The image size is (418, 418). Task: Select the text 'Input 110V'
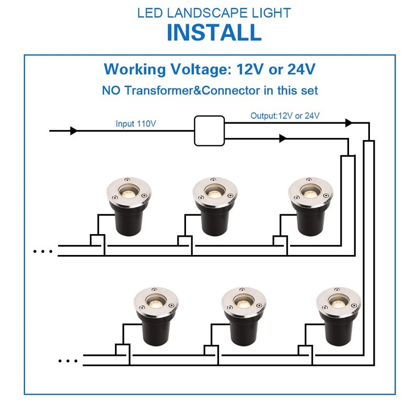click(x=136, y=124)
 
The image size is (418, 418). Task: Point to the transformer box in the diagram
click(x=209, y=131)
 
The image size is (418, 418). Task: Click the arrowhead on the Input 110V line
click(x=74, y=131)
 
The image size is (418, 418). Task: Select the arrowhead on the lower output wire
click(x=283, y=138)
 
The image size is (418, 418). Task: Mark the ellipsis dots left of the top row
click(x=43, y=251)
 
